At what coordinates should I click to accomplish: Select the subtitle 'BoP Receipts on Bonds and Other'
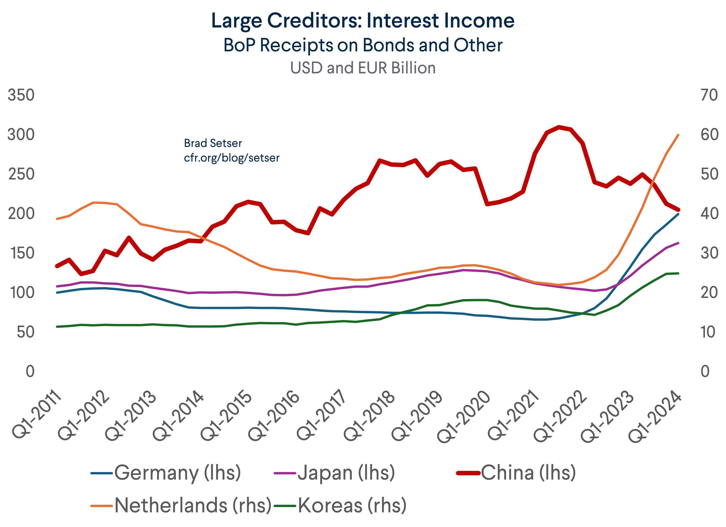tap(363, 45)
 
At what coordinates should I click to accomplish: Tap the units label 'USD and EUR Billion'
tap(363, 68)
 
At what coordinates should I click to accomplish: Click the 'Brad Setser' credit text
tap(213, 143)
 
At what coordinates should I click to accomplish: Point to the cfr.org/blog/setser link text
tap(231, 158)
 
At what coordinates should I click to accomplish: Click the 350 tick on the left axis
tap(21, 95)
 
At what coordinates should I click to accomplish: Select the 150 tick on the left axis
tap(23, 253)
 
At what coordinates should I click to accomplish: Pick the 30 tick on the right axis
tap(709, 253)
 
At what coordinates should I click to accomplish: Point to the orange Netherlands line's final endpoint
tap(678, 135)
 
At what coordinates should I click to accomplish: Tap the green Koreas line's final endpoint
tap(678, 273)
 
